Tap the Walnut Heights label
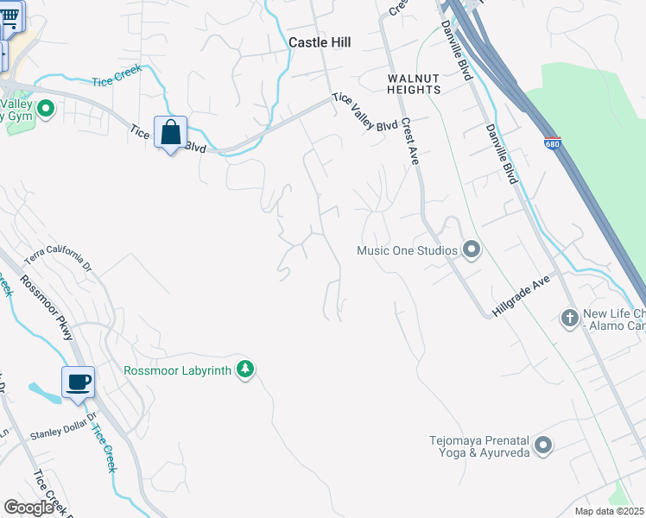(413, 83)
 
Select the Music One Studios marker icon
(471, 250)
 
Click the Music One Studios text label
(406, 251)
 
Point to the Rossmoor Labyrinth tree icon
(246, 370)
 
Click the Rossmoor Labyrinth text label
(179, 370)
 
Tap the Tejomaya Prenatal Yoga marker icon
(542, 445)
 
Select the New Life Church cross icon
(569, 319)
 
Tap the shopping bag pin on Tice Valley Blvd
(171, 133)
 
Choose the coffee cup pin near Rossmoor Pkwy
(78, 382)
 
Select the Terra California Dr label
(57, 257)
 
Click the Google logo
(28, 508)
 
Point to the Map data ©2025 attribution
(609, 511)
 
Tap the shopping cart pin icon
(9, 19)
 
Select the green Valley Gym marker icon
(46, 109)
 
